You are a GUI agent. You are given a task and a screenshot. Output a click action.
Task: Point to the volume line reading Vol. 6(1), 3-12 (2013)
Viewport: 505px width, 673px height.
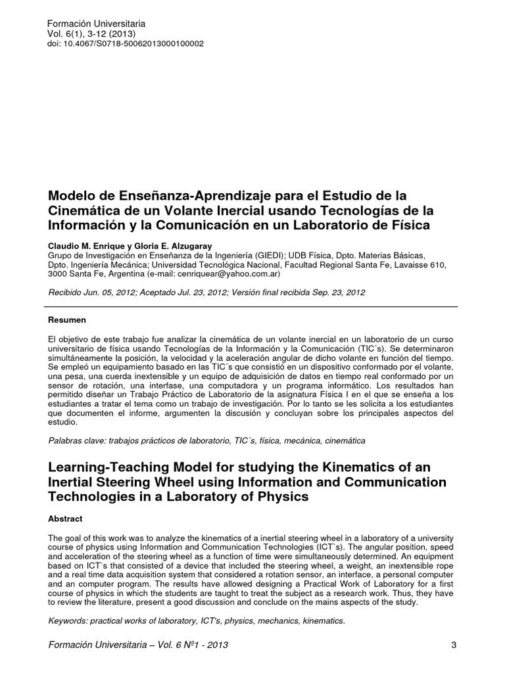[91, 34]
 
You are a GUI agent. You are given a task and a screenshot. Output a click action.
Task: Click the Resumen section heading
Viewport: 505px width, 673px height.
[68, 320]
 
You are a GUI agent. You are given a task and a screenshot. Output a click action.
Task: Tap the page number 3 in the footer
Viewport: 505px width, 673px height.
[454, 645]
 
